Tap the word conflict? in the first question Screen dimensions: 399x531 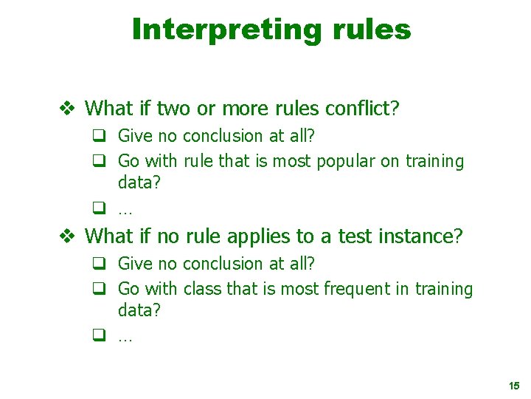(363, 109)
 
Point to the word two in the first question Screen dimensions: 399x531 (174, 109)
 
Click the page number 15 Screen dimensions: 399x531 (514, 386)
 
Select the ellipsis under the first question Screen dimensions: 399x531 (125, 211)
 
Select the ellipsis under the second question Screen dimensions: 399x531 (125, 338)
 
